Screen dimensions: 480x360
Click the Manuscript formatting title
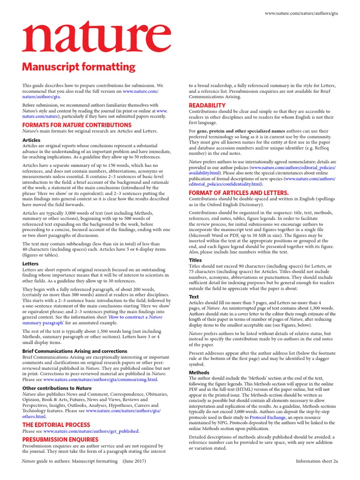point(79,67)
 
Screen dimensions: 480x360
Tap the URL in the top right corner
point(301,14)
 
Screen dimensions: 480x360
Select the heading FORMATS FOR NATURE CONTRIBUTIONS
point(77,125)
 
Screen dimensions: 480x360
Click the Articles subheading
point(31,140)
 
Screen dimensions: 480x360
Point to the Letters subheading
point(30,264)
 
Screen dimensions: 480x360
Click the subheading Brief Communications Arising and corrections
point(75,351)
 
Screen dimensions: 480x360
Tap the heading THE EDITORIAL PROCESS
point(56,425)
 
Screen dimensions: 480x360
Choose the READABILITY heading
point(207,105)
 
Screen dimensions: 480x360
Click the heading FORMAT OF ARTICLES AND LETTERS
point(239,193)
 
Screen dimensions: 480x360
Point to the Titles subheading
point(195,260)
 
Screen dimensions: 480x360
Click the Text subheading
point(194,297)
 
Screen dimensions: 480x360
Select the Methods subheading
point(199,372)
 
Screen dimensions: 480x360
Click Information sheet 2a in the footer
point(316,461)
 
